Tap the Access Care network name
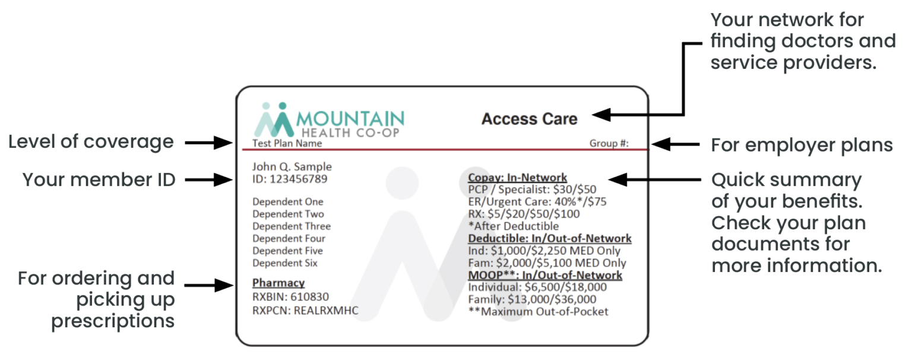coord(529,119)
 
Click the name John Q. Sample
coord(292,166)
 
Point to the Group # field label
coord(609,143)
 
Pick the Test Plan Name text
coord(287,143)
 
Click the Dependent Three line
coord(292,226)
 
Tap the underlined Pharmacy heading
coord(278,283)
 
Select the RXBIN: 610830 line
coord(290,296)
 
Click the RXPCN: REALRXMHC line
coord(305,310)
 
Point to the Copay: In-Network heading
coord(517,177)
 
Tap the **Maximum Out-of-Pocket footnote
coord(538,311)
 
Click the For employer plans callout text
coord(802,145)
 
